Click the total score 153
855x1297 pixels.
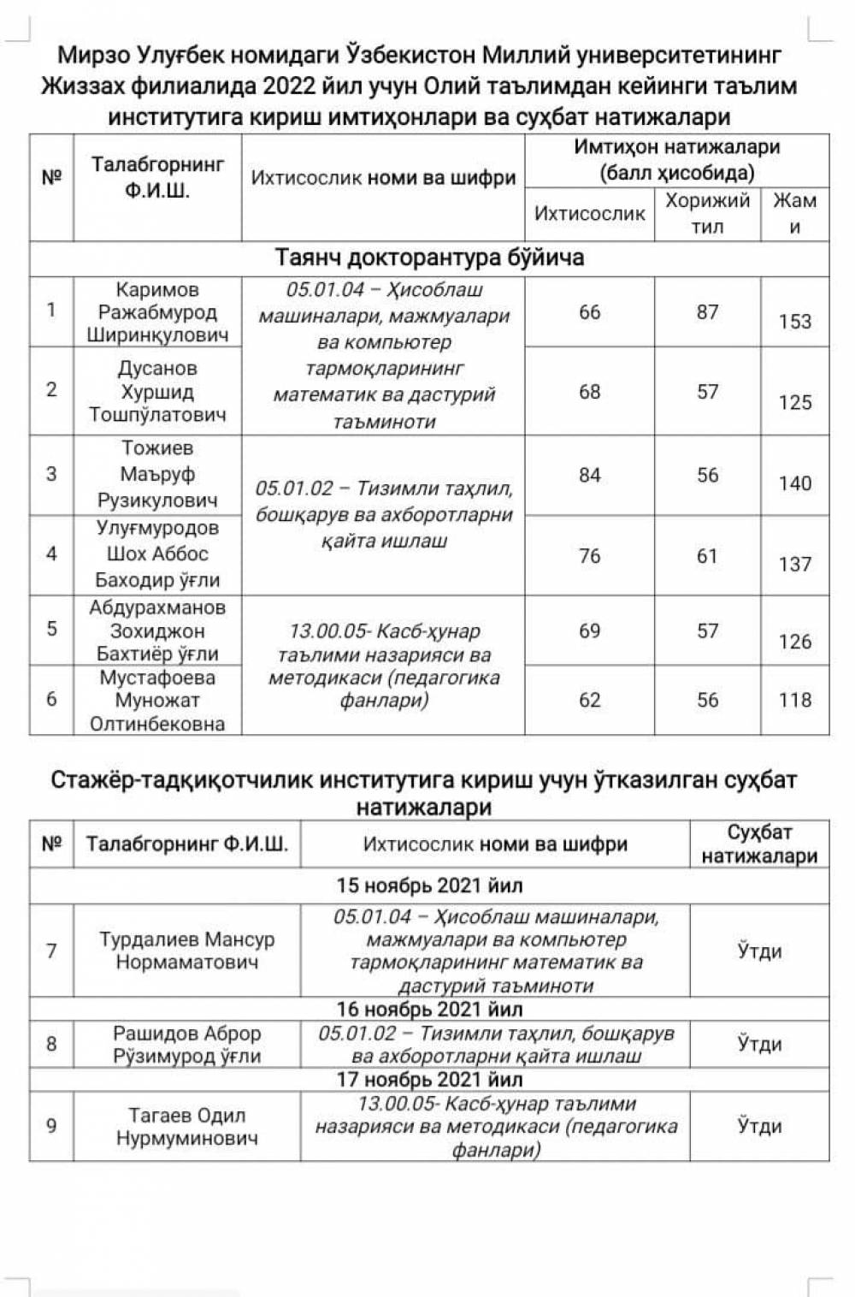(794, 322)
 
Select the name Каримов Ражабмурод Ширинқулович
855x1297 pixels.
(157, 312)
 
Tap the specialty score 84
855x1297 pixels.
(589, 475)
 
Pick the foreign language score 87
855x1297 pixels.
(707, 312)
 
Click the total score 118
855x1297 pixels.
(794, 700)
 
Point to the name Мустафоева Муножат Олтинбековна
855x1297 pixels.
(157, 701)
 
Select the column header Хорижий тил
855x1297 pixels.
(707, 213)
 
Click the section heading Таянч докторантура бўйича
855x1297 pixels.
(429, 258)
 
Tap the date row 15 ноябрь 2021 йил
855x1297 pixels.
(429, 885)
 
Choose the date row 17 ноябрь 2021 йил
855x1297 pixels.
(429, 1080)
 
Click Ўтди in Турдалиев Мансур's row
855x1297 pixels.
(759, 951)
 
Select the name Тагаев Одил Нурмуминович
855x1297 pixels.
(186, 1127)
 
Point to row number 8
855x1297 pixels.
(51, 1044)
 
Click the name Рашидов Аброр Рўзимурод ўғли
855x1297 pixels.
(186, 1045)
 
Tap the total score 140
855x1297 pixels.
(794, 483)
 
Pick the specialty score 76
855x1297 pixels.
(589, 555)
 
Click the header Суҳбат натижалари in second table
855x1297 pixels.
(759, 844)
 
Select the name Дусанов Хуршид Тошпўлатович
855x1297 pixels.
(157, 392)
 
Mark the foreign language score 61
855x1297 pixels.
(707, 555)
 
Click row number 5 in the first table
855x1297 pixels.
(51, 629)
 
